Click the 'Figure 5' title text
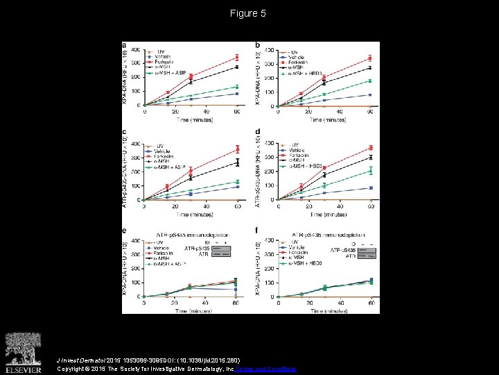tap(249, 13)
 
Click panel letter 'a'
tap(124, 46)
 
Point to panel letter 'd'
tap(258, 132)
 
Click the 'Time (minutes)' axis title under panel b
tap(326, 119)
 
